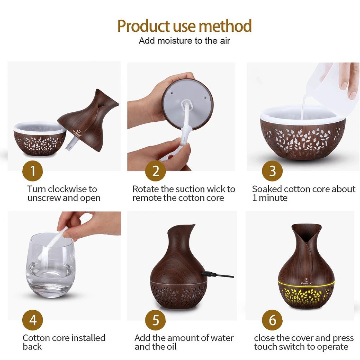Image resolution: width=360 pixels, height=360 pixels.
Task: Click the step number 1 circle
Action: pos(33,171)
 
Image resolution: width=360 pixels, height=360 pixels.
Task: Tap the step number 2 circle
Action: pos(155,171)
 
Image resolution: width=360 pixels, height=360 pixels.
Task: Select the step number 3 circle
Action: pos(272,171)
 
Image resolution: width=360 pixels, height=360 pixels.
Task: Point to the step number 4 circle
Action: pos(33,320)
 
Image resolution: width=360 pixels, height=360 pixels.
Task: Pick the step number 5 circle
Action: pos(155,320)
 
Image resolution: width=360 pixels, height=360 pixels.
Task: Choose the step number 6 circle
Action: pos(272,320)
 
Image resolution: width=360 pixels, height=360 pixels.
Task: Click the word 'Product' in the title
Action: pos(143,26)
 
